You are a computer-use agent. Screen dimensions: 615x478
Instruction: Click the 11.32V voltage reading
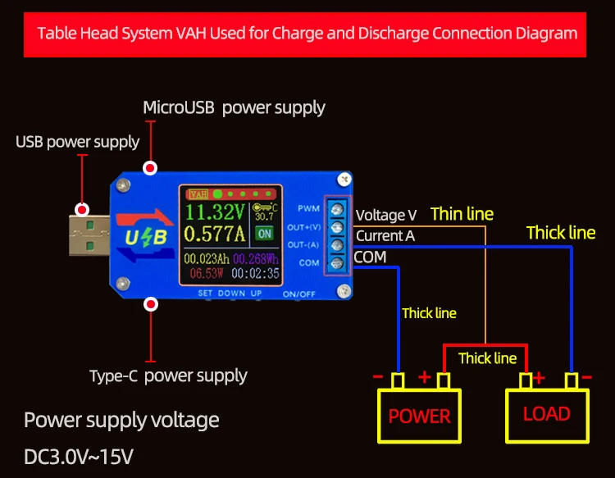click(215, 212)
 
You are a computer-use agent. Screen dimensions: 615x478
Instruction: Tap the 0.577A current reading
click(215, 234)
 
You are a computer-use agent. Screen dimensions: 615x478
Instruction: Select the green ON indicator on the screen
click(265, 234)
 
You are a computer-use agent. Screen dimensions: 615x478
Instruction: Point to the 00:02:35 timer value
click(255, 273)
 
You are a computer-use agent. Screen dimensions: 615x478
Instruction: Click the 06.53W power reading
click(207, 273)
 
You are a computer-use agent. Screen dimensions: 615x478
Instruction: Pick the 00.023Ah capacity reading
click(207, 259)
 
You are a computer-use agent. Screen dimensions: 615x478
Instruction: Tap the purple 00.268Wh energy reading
click(256, 259)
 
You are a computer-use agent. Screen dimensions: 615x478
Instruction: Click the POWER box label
click(419, 416)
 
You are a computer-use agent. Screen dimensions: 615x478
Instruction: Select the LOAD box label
click(547, 414)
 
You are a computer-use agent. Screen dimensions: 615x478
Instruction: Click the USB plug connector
click(89, 235)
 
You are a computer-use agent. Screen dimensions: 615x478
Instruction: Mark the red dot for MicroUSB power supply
click(150, 168)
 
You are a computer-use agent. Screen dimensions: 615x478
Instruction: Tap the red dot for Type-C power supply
click(151, 304)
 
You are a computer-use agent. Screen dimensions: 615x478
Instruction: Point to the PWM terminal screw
click(337, 209)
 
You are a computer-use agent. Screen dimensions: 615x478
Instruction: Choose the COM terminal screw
click(337, 263)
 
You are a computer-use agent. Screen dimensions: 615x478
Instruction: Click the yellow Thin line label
click(462, 214)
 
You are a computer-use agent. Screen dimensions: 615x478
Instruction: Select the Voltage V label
click(386, 215)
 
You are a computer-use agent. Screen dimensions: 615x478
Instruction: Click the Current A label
click(385, 235)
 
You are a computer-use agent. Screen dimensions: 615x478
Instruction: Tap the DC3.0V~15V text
click(79, 457)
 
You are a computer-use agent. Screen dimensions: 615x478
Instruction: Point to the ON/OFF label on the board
click(298, 294)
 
